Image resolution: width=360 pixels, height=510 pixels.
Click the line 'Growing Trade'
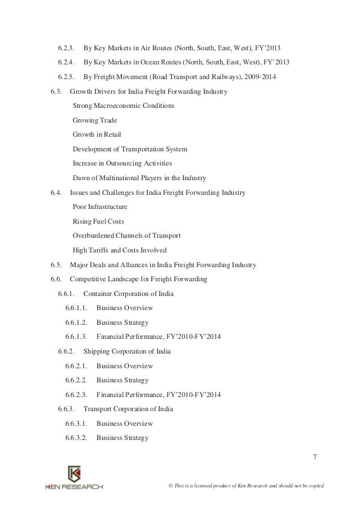click(x=95, y=120)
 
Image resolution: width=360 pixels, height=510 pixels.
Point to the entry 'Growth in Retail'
click(x=96, y=134)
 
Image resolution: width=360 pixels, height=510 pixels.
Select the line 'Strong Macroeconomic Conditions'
click(x=124, y=106)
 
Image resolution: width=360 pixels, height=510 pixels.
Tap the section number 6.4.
click(x=56, y=193)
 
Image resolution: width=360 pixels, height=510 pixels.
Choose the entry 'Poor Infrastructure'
click(x=100, y=207)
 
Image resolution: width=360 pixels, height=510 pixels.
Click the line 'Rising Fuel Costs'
click(x=98, y=221)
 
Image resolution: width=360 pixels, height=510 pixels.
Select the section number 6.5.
click(x=56, y=265)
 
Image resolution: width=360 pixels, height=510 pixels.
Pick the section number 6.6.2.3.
click(x=76, y=394)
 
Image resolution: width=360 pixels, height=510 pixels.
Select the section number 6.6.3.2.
click(x=76, y=438)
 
